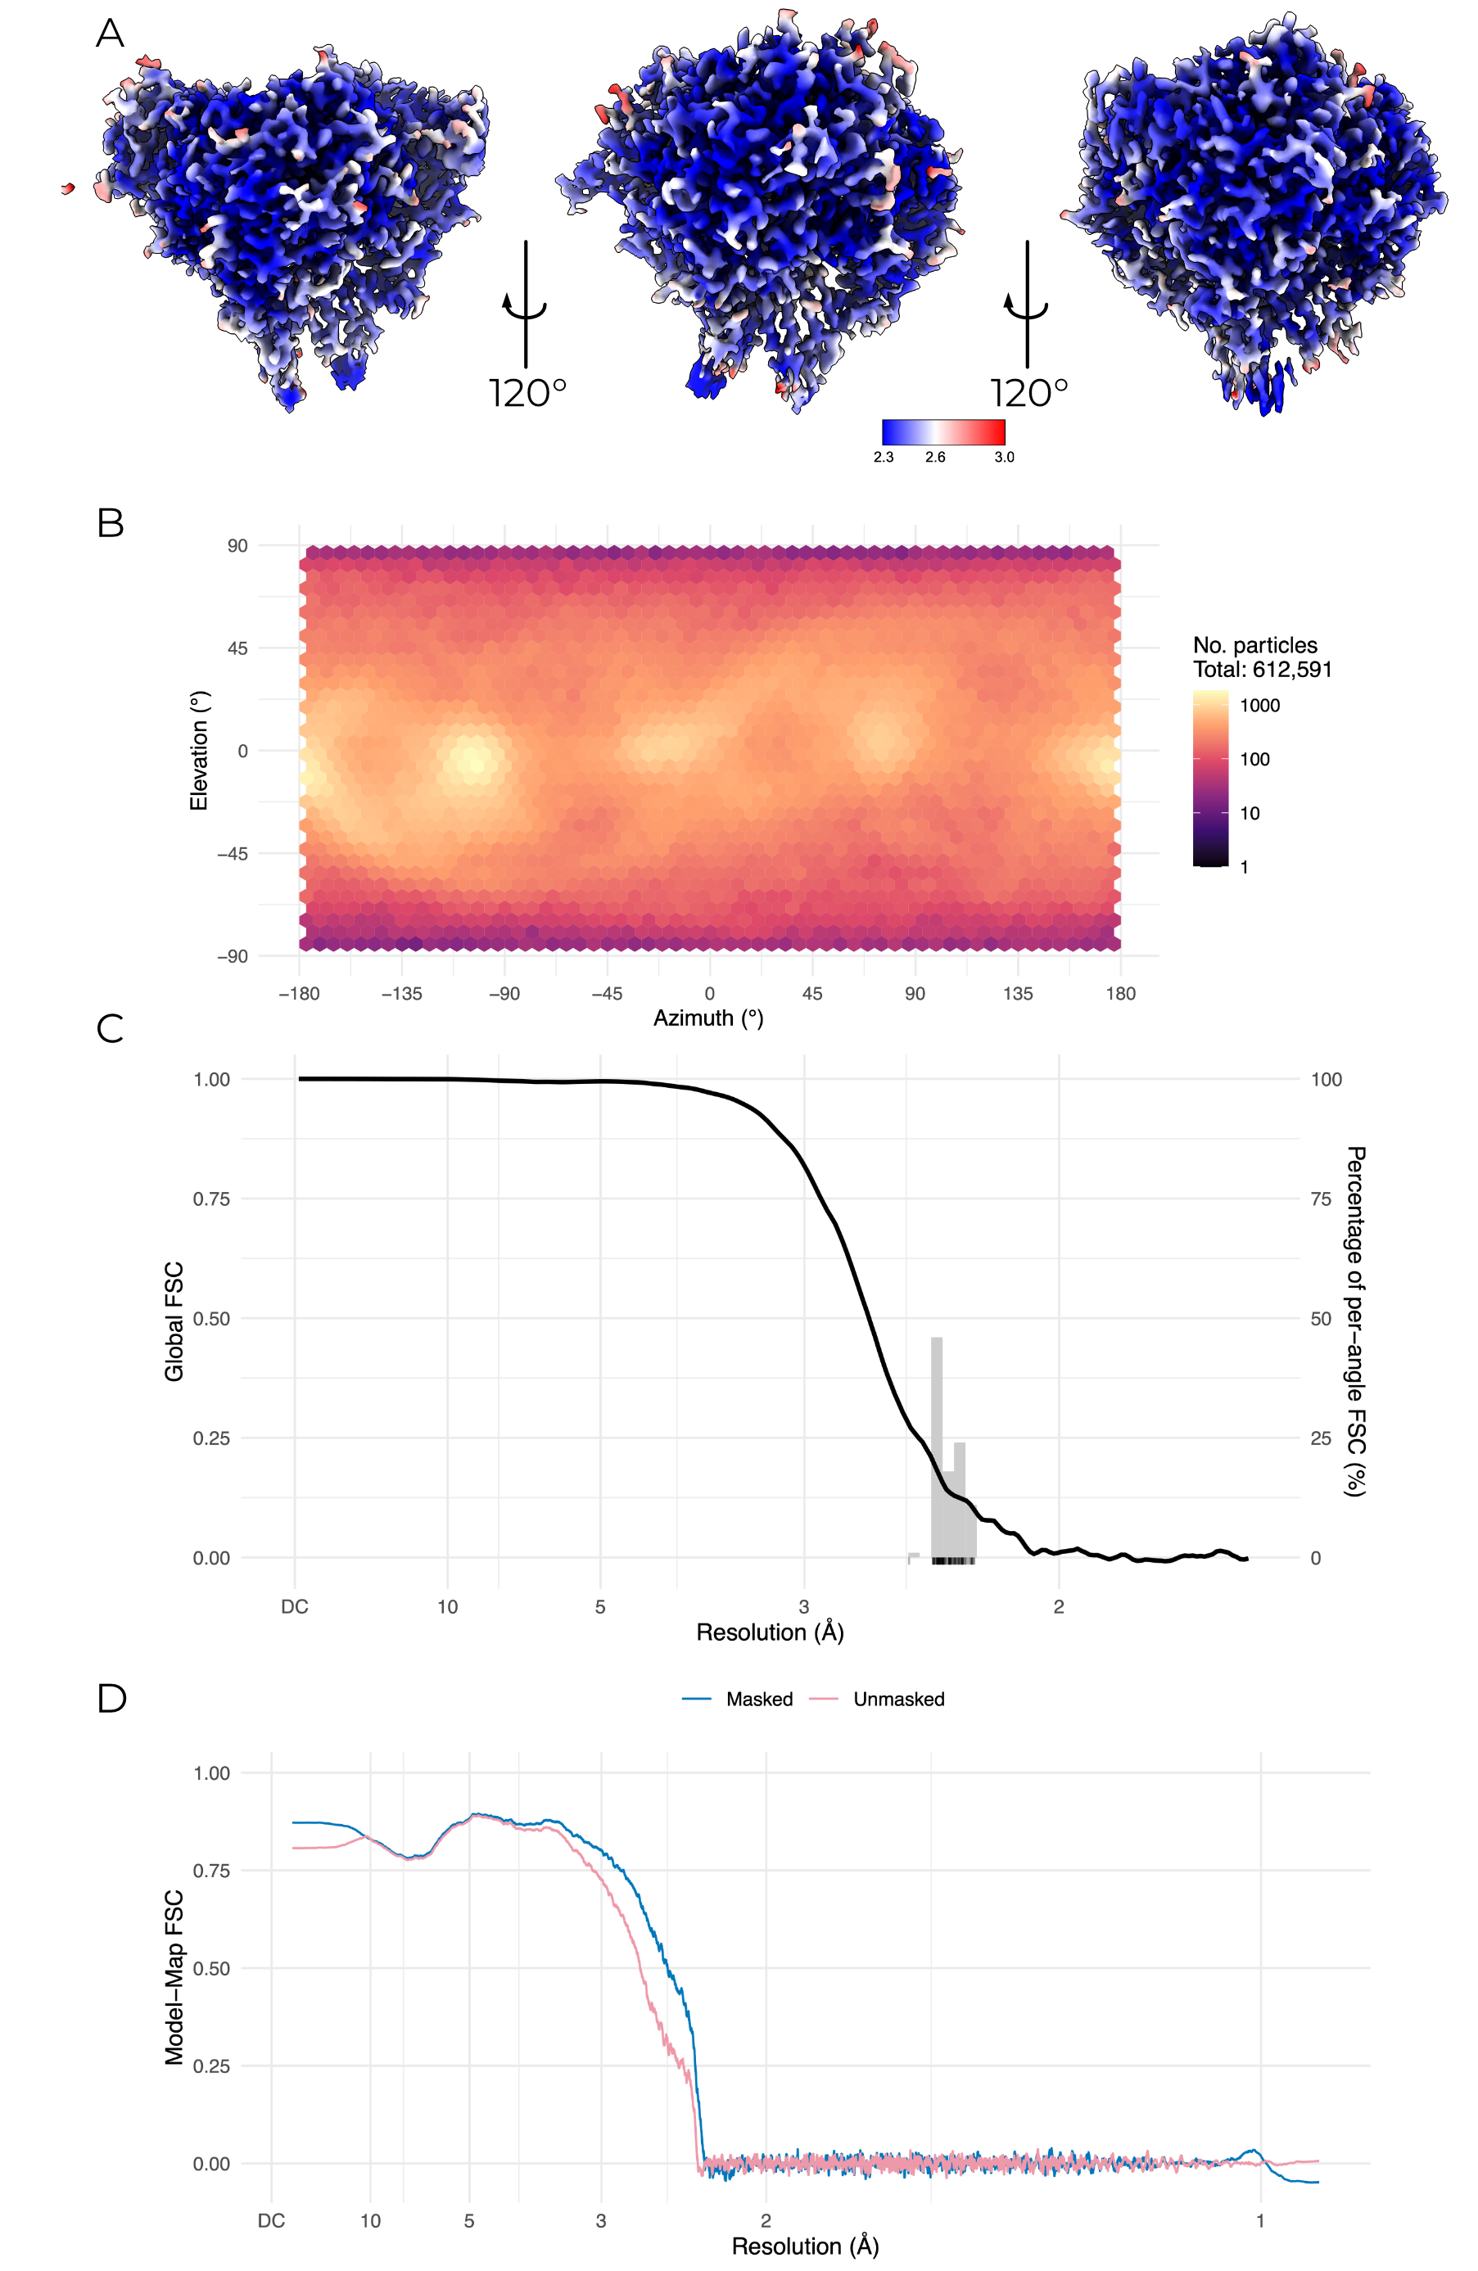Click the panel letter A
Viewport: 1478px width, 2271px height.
click(110, 34)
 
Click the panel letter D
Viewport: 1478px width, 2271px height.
click(111, 1698)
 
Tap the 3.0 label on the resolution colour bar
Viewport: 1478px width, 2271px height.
click(1004, 457)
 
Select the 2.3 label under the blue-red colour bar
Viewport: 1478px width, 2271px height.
click(884, 457)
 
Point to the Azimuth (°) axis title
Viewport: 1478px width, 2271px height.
click(708, 1018)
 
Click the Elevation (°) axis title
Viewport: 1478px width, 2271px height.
click(198, 751)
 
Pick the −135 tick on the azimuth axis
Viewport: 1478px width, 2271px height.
click(402, 993)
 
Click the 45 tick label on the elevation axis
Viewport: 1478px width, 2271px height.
click(237, 649)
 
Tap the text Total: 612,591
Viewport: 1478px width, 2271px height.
click(1261, 670)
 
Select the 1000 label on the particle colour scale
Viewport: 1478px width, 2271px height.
click(1259, 705)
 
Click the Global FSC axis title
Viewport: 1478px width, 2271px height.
click(174, 1321)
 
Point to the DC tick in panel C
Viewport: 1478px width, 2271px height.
click(294, 1607)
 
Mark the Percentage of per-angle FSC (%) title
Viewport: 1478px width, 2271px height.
click(1355, 1321)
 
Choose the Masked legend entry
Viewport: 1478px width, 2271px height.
click(758, 1700)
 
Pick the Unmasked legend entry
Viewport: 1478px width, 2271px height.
click(898, 1700)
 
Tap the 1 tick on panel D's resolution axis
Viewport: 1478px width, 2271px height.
click(1259, 2220)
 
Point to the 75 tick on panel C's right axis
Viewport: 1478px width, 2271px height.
click(1321, 1199)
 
